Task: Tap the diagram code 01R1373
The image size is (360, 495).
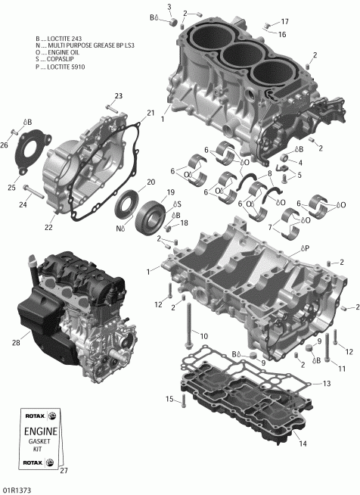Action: [x=16, y=489]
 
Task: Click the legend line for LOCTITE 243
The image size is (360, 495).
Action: [x=62, y=38]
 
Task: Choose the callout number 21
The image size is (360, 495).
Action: [x=151, y=114]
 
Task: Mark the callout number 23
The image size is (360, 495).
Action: [x=118, y=95]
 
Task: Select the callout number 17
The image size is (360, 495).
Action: [x=284, y=21]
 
